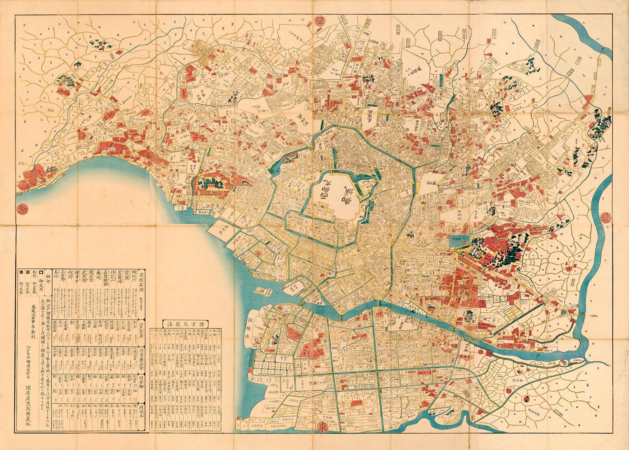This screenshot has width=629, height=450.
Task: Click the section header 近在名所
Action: pyautogui.click(x=141, y=282)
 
